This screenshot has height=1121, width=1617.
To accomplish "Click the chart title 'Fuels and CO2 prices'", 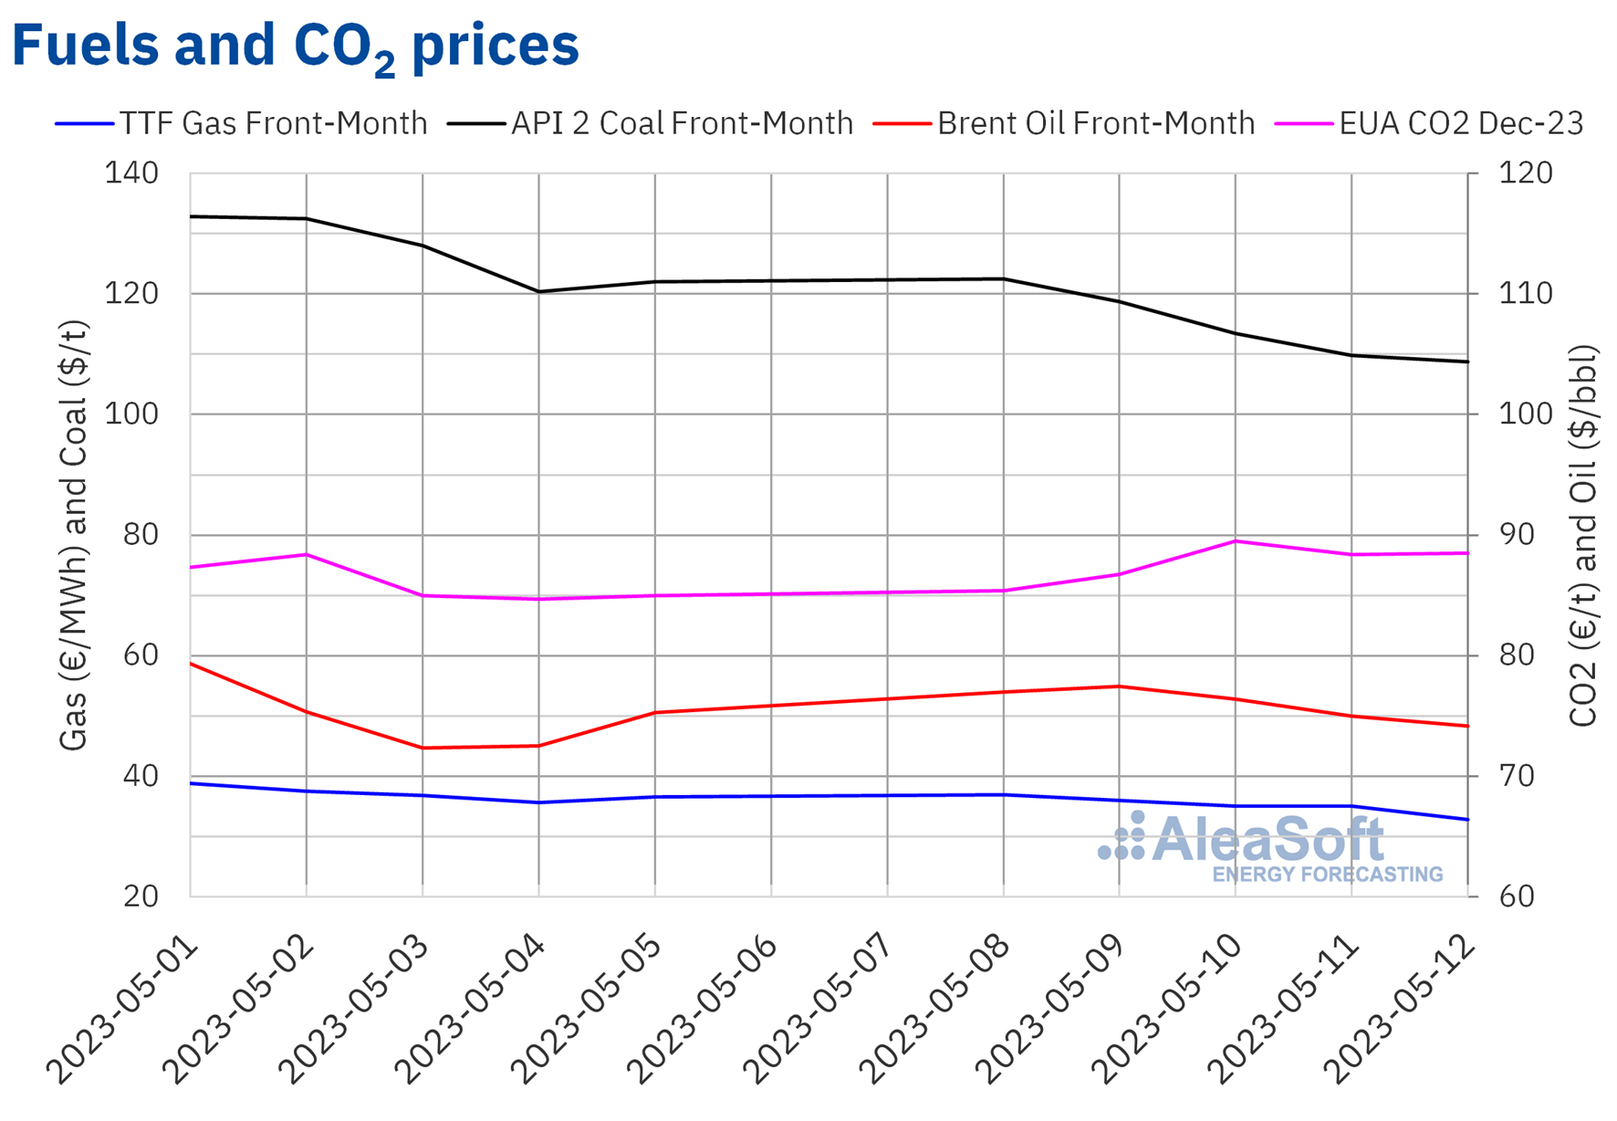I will pyautogui.click(x=295, y=46).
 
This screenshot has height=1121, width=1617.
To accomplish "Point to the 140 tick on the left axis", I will pyautogui.click(x=131, y=173).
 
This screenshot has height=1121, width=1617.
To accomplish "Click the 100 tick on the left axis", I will pyautogui.click(x=131, y=414).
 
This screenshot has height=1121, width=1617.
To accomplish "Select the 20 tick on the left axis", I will pyautogui.click(x=141, y=896).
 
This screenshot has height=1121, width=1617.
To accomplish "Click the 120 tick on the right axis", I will pyautogui.click(x=1525, y=173).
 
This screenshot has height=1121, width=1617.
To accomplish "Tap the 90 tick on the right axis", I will pyautogui.click(x=1518, y=535).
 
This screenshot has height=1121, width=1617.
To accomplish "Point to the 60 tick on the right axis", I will pyautogui.click(x=1518, y=896).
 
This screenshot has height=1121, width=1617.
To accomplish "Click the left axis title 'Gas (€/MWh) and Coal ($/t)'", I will pyautogui.click(x=73, y=535).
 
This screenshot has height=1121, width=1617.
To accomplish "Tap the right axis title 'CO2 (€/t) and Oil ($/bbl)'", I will pyautogui.click(x=1583, y=535).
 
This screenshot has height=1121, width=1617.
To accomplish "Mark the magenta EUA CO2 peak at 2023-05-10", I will pyautogui.click(x=1236, y=541).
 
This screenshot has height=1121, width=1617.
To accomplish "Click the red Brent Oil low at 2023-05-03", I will pyautogui.click(x=423, y=748).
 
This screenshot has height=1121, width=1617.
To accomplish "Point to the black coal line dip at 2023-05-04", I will pyautogui.click(x=538, y=292).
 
